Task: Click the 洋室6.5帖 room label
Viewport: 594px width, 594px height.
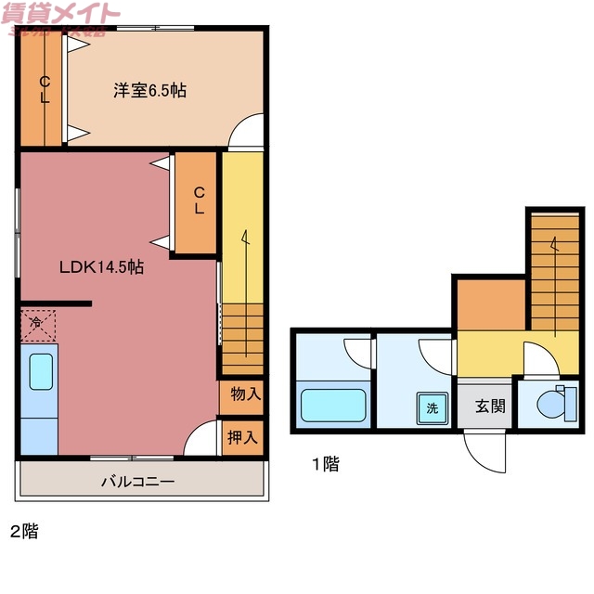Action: click(x=149, y=90)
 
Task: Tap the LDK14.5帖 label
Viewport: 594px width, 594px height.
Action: click(x=101, y=266)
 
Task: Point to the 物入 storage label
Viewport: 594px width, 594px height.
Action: click(x=245, y=394)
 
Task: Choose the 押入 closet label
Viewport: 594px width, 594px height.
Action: click(x=245, y=436)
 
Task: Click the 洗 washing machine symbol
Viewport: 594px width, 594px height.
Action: click(x=433, y=407)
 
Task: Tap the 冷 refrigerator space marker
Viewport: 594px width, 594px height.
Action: click(x=36, y=324)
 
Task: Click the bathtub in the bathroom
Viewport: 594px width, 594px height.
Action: click(x=332, y=406)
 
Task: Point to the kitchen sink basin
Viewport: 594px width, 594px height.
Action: click(x=41, y=372)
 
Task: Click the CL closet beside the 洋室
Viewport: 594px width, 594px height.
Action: click(x=44, y=90)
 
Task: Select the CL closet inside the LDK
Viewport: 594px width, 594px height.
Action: click(x=199, y=200)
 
